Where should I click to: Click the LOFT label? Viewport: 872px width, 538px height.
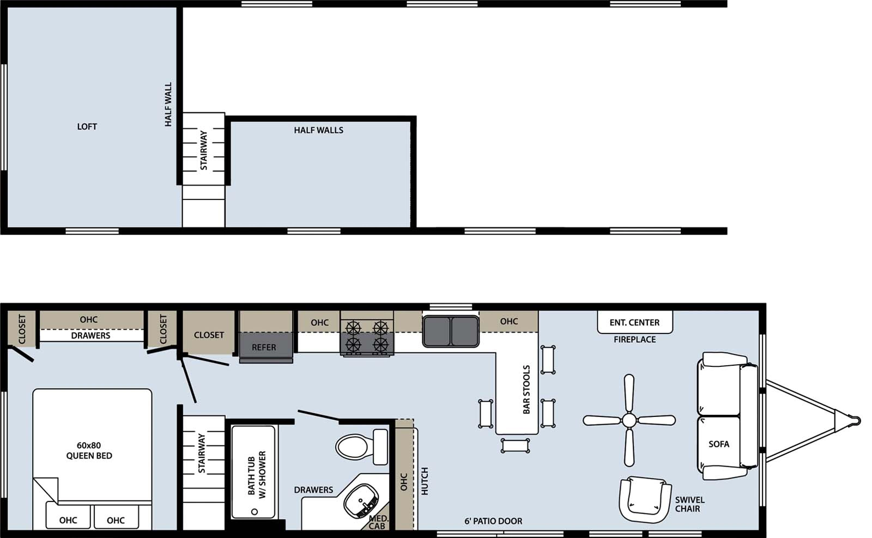point(87,126)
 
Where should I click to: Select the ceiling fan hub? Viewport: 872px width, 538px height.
point(629,420)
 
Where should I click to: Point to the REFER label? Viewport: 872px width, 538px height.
point(264,347)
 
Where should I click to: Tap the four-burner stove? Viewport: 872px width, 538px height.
point(367,336)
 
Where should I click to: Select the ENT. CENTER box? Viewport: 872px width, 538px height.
point(634,322)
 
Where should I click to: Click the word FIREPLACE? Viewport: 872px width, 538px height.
point(634,340)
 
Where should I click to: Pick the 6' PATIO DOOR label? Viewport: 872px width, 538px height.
point(493,521)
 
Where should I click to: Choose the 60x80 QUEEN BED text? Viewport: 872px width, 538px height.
point(89,451)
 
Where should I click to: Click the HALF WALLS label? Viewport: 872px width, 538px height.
point(318,130)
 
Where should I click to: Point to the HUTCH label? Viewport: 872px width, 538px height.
point(425,481)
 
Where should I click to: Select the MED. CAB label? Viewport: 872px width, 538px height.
point(377,522)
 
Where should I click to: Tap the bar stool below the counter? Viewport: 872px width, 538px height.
point(516,446)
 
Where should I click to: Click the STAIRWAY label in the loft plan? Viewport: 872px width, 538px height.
point(203,149)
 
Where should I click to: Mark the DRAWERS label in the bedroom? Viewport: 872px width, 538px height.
point(90,336)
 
